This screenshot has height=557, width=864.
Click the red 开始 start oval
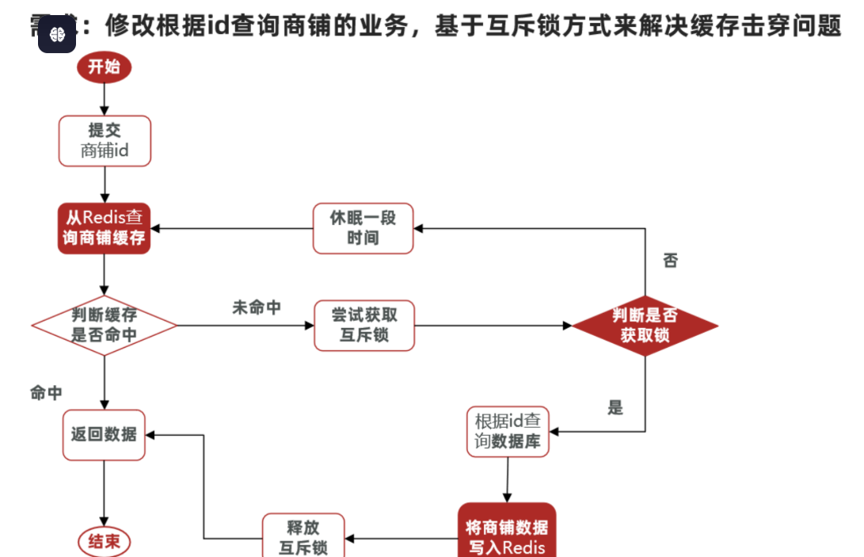point(104,67)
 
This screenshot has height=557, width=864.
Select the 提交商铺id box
point(105,140)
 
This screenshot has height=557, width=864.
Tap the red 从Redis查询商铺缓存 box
point(105,227)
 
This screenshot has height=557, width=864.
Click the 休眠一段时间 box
point(363,228)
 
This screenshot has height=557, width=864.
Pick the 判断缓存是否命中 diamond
point(104,326)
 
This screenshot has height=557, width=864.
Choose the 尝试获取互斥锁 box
point(364,325)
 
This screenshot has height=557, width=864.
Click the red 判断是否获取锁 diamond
point(645,326)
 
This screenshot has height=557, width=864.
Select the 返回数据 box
point(104,434)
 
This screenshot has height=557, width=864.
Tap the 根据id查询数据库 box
point(508,432)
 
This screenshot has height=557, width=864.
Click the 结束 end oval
point(104,542)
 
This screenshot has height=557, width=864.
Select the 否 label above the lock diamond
point(670,261)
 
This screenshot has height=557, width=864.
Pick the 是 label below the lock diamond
point(615,408)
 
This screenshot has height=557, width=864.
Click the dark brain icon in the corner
point(57,34)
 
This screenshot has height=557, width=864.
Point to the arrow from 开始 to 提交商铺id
point(104,99)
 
